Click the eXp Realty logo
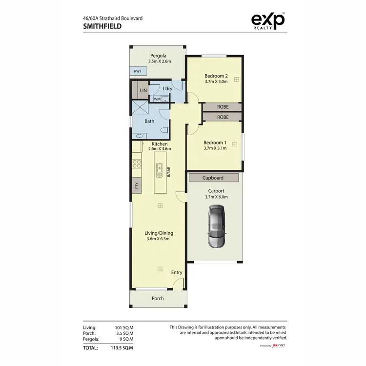[x=267, y=21]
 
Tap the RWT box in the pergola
[x=138, y=71]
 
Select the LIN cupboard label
[x=143, y=91]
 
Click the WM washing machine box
[x=157, y=99]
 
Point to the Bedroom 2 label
[x=216, y=76]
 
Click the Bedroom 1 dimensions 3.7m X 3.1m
[x=215, y=148]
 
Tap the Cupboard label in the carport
[x=213, y=178]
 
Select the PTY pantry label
[x=137, y=185]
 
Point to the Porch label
[x=158, y=298]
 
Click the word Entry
[x=176, y=272]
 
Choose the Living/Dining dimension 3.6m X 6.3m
[x=160, y=239]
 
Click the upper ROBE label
[x=223, y=107]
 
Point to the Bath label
[x=149, y=121]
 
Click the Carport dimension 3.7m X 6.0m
[x=216, y=197]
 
